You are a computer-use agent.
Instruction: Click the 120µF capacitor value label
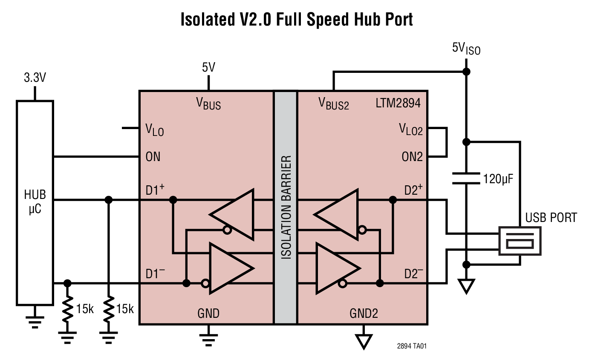(497, 178)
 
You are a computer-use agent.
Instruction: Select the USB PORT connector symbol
(520, 241)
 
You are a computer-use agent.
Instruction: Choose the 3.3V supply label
(35, 78)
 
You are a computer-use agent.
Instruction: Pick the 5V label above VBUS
(208, 67)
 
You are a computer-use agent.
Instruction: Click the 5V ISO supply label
(466, 49)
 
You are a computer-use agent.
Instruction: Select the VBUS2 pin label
(334, 103)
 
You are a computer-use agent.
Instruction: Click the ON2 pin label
(412, 157)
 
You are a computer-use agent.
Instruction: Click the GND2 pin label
(364, 314)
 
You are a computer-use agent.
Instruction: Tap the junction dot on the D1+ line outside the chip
(109, 199)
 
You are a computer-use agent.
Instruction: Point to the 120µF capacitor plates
(466, 178)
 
